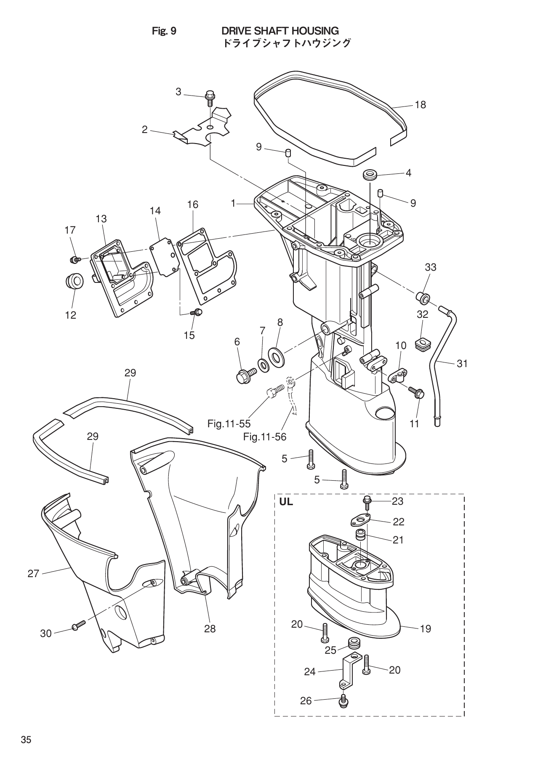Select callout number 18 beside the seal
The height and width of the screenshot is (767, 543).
pyautogui.click(x=420, y=105)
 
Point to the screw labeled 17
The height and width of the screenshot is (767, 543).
pyautogui.click(x=75, y=260)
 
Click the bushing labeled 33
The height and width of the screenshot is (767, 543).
pyautogui.click(x=423, y=298)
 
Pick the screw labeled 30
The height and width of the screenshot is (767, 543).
pyautogui.click(x=79, y=625)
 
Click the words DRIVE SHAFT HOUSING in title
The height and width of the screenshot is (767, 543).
pyautogui.click(x=280, y=31)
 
